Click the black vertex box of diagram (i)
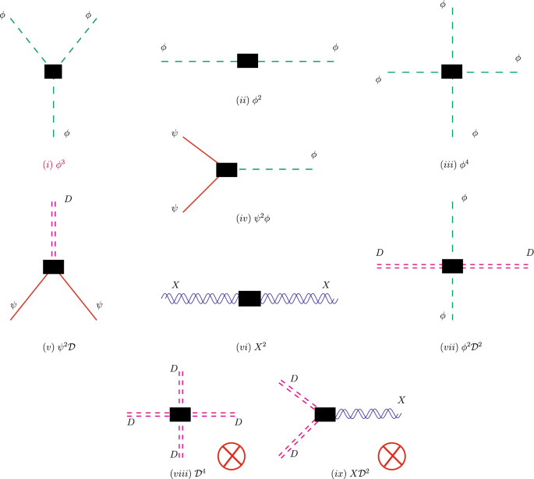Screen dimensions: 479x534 click(x=53, y=71)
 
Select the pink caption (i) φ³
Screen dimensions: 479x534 click(x=53, y=165)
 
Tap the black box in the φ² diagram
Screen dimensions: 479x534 click(x=247, y=61)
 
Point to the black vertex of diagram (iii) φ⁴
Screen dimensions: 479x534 click(x=452, y=72)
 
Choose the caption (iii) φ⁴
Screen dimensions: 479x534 click(x=452, y=165)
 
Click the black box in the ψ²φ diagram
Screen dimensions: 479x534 click(x=226, y=169)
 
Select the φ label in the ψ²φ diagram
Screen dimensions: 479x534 click(x=313, y=154)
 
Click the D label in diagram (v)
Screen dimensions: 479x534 click(x=69, y=201)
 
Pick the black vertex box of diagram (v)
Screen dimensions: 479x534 click(x=53, y=266)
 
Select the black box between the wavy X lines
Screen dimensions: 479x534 click(x=249, y=299)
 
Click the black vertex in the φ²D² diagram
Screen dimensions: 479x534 click(x=452, y=266)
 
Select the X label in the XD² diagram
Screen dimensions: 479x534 click(x=401, y=399)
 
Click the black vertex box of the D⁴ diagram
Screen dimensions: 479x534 click(x=180, y=413)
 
